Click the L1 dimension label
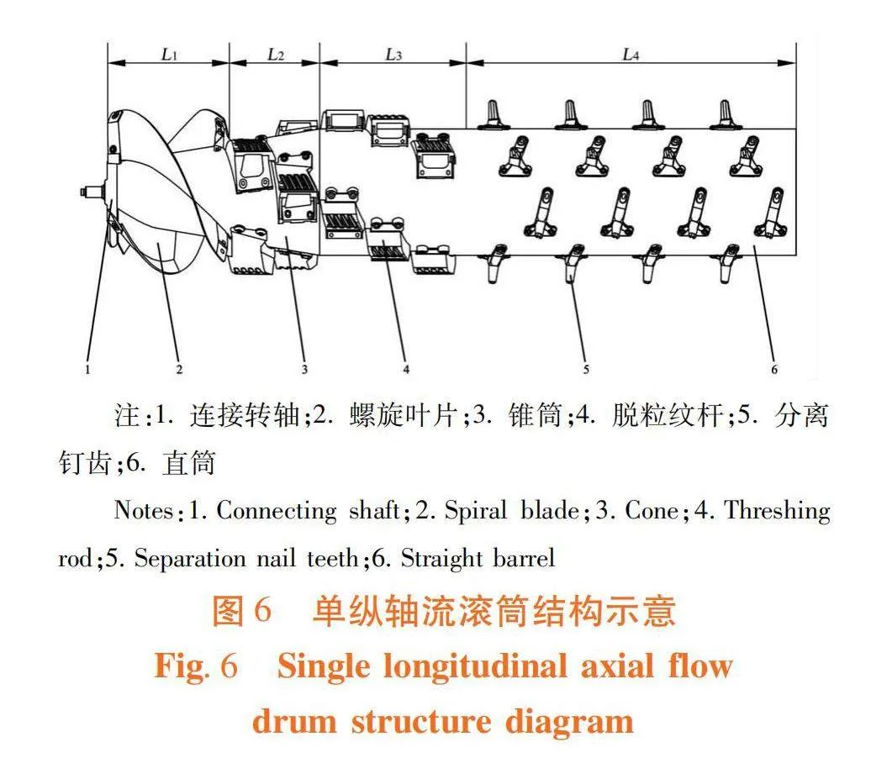pyautogui.click(x=169, y=55)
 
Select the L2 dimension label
pyautogui.click(x=276, y=55)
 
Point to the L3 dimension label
pyautogui.click(x=393, y=55)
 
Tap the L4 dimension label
pyautogui.click(x=631, y=55)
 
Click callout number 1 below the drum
pyautogui.click(x=87, y=369)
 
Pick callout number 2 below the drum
pyautogui.click(x=179, y=369)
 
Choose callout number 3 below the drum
pyautogui.click(x=304, y=369)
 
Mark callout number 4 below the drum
pyautogui.click(x=406, y=369)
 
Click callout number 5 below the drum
pyautogui.click(x=586, y=369)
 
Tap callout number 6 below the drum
pyautogui.click(x=774, y=369)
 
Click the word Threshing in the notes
pyautogui.click(x=778, y=511)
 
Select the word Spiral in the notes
pyautogui.click(x=476, y=511)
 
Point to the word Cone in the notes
pyautogui.click(x=652, y=511)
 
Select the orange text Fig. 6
pyautogui.click(x=196, y=666)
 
